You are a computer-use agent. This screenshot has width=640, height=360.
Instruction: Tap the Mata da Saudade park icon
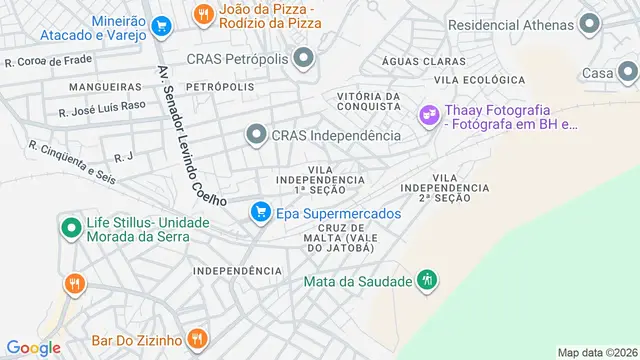coord(427,280)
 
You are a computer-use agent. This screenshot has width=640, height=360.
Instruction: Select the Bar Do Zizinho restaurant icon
coord(197,338)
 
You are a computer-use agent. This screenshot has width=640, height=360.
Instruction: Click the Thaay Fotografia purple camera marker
coord(429,117)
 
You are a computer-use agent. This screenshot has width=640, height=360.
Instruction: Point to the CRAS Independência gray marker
coord(256,134)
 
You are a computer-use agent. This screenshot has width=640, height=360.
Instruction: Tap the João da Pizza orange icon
coord(203,14)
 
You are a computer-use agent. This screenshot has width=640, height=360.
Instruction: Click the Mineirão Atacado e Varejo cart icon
coord(161,27)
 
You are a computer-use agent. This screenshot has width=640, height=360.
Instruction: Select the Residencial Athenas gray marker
coord(589,23)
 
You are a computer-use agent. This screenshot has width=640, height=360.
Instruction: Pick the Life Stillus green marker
coord(72,228)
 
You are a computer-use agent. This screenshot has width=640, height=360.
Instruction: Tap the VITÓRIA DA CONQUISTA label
coord(368,103)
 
